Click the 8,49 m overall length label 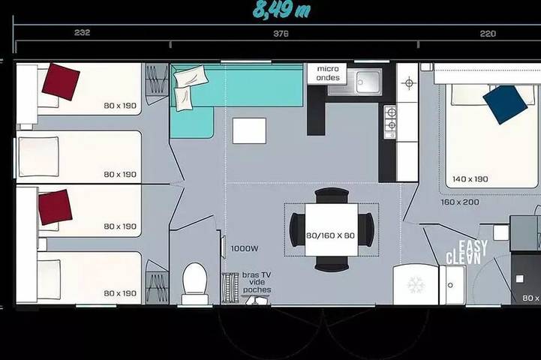click(281, 10)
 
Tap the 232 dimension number click(82, 32)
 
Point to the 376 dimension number click(281, 34)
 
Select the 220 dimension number click(488, 34)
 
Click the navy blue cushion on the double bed click(505, 104)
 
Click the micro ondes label click(328, 73)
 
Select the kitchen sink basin click(368, 82)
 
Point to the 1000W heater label click(245, 248)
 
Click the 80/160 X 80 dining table click(331, 229)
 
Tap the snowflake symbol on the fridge click(416, 285)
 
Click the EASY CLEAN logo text click(467, 253)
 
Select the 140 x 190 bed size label click(470, 179)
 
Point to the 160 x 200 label click(460, 202)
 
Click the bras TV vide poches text click(257, 283)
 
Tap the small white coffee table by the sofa click(249, 130)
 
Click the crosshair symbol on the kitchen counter click(409, 83)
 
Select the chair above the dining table click(332, 196)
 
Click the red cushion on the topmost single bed click(61, 82)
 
